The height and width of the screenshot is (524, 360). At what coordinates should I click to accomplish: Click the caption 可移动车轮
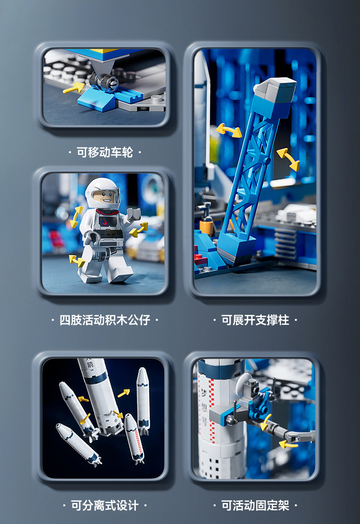coord(104,152)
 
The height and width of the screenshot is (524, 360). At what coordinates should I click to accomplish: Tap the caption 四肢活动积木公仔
coord(104,320)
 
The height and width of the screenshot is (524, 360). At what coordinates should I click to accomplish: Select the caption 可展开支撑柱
coord(255,320)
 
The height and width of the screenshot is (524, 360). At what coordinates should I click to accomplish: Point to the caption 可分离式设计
coord(104,505)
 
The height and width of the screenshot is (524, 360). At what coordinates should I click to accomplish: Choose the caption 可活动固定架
coord(255,505)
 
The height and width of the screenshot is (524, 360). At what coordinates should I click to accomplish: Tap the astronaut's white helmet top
coord(102,183)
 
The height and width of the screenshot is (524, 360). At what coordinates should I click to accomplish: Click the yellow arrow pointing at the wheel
coord(73,87)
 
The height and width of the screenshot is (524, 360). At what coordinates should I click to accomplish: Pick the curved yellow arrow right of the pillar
coord(288,159)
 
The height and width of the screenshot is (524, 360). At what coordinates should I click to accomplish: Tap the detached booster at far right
coord(143,399)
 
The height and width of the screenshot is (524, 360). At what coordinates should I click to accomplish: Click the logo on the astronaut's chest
coord(106,222)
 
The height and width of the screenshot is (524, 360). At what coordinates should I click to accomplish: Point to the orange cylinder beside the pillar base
coord(206,226)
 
